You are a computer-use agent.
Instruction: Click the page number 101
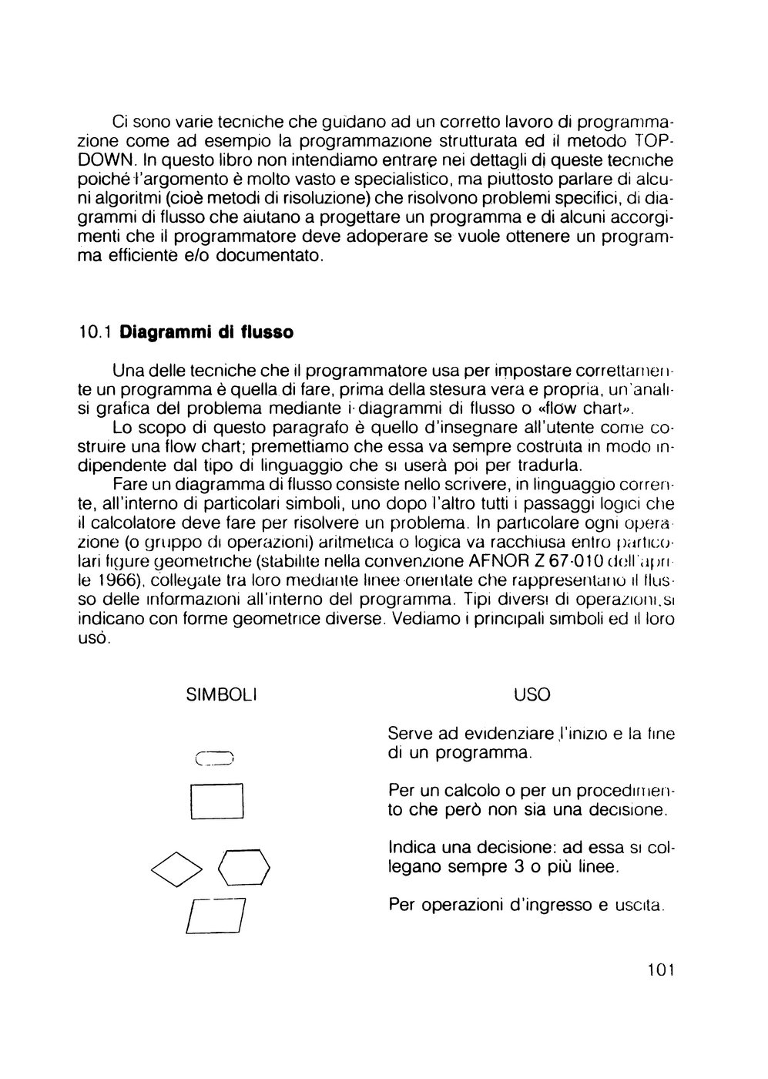660,970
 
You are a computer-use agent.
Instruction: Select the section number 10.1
96,334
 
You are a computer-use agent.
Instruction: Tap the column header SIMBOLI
222,695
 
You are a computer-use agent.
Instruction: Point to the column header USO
532,695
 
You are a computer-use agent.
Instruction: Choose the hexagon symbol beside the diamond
245,869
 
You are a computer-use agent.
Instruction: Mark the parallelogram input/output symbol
216,917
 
